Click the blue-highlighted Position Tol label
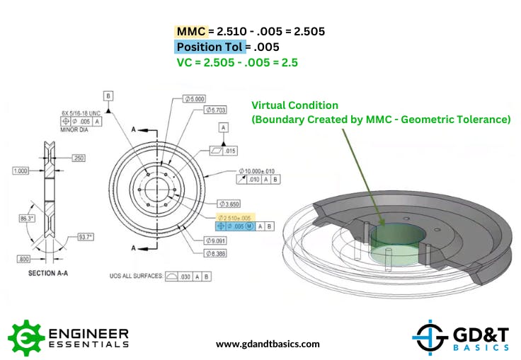click(x=210, y=47)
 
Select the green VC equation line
click(x=237, y=62)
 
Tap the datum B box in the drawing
click(x=108, y=95)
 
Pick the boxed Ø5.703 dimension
click(x=217, y=110)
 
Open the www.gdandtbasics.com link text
click(x=268, y=344)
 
